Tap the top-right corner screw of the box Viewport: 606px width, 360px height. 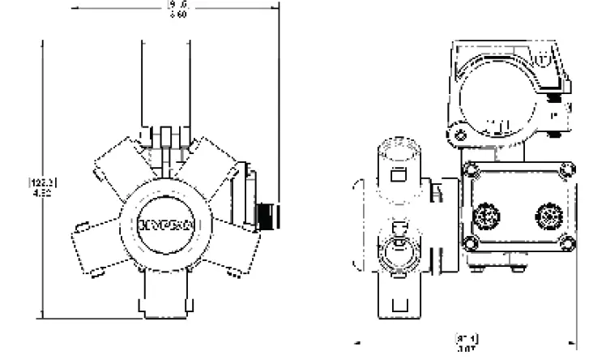tap(567, 169)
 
